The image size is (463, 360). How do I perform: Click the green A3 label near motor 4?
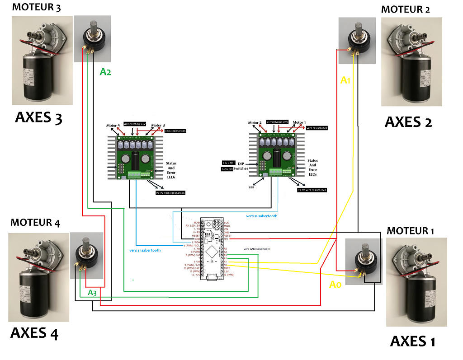tap(92, 293)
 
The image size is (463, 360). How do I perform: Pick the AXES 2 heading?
tap(408, 122)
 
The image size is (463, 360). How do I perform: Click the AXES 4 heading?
tap(34, 333)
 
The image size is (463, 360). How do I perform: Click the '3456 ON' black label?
tap(227, 169)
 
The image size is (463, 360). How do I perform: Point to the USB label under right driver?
tap(251, 187)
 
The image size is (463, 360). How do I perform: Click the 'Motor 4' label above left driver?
tap(113, 125)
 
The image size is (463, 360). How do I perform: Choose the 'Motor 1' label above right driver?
tap(299, 122)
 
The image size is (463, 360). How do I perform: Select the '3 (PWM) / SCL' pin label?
tap(191, 245)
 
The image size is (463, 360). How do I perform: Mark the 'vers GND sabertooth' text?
tap(256, 249)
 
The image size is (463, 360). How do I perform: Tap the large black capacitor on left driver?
tap(135, 160)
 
